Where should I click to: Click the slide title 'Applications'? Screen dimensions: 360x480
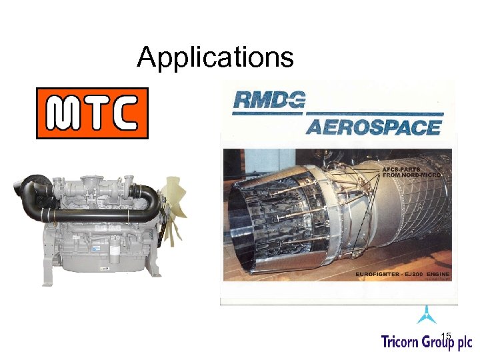pos(215,58)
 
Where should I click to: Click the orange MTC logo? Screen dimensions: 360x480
pos(91,113)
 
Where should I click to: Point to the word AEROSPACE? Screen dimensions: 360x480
pos(373,127)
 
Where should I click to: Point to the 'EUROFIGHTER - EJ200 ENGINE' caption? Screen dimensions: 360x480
pos(402,275)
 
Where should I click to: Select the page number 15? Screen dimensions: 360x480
pos(447,335)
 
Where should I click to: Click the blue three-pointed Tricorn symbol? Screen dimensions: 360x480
pos(426,314)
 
